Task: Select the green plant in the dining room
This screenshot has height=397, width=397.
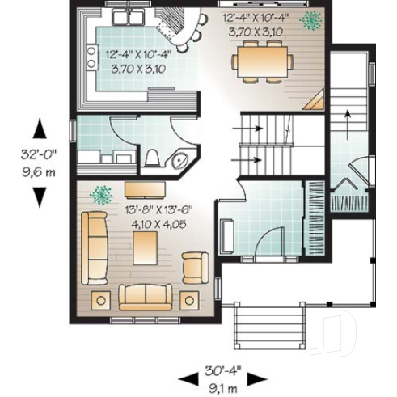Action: point(309,19)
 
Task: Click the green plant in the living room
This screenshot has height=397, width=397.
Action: point(102,195)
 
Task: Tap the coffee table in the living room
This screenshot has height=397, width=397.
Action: point(146,249)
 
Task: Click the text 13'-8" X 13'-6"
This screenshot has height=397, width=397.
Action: point(150,209)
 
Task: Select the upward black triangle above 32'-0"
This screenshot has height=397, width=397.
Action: point(38,129)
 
